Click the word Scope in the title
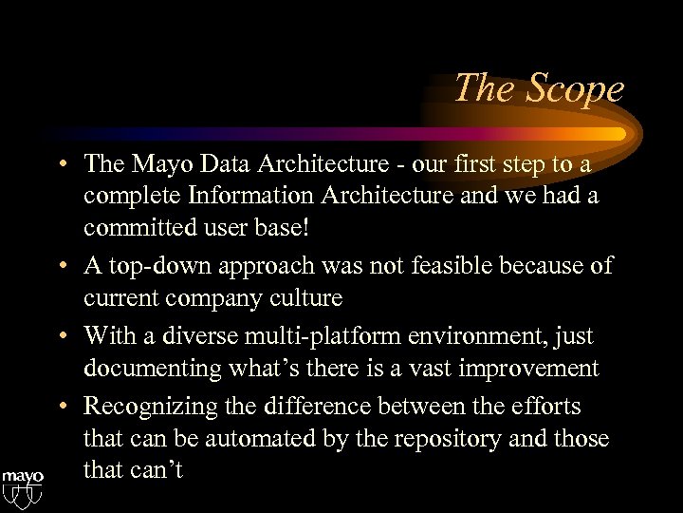[x=575, y=88]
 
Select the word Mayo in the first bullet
[x=154, y=164]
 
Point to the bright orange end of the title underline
[x=617, y=133]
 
